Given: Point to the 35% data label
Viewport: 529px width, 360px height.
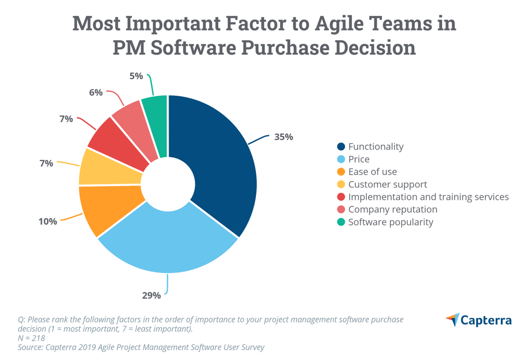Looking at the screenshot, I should click(283, 137).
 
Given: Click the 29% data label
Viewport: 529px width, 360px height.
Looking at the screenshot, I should click(151, 295).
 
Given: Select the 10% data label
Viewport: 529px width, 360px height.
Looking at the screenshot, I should click(47, 221).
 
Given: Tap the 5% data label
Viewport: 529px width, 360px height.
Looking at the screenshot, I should click(136, 76).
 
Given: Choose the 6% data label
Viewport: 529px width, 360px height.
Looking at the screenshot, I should click(96, 93).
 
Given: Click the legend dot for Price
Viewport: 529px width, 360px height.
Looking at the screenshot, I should click(340, 159).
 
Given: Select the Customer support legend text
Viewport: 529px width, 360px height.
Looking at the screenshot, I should click(387, 184).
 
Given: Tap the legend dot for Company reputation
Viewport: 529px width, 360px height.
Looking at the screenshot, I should click(340, 210).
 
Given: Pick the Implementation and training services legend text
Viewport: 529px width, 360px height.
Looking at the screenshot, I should click(428, 197).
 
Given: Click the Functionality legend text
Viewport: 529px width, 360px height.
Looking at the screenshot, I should click(376, 146).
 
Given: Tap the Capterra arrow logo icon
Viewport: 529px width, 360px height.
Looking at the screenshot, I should click(452, 319).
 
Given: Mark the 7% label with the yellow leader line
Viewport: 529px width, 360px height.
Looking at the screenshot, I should click(46, 163).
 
